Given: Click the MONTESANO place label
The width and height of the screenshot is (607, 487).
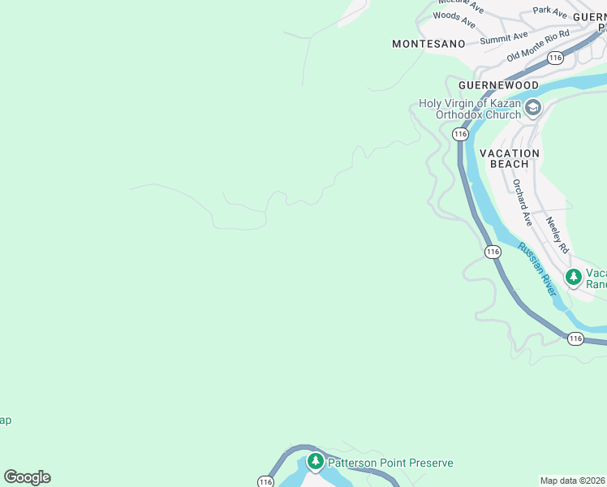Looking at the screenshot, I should click(x=428, y=44).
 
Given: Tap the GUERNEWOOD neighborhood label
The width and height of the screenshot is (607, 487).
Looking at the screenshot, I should click(x=498, y=84).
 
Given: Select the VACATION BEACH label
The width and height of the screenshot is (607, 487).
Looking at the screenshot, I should click(x=510, y=158).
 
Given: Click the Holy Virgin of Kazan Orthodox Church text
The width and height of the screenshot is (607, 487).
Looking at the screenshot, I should click(x=469, y=109).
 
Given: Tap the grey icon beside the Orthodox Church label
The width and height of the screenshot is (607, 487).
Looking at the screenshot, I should click(x=533, y=108).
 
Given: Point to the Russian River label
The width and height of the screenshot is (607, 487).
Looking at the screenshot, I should click(x=536, y=269).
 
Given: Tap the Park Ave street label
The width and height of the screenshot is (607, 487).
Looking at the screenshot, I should click(x=550, y=11).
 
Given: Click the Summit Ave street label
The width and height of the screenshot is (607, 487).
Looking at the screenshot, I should click(x=503, y=38).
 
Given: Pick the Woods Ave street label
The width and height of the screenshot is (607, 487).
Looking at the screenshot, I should click(x=454, y=15).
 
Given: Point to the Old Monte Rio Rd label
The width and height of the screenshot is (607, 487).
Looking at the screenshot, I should click(x=539, y=45).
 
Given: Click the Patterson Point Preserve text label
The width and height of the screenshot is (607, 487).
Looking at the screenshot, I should click(x=390, y=463).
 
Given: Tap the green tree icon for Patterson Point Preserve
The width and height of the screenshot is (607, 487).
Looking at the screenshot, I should click(x=315, y=462).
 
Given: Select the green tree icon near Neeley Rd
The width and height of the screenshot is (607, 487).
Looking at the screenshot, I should click(x=574, y=278).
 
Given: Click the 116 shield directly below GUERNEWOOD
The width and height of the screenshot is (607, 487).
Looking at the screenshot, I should click(x=460, y=133).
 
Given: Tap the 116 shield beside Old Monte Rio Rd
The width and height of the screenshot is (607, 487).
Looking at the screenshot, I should click(x=555, y=58).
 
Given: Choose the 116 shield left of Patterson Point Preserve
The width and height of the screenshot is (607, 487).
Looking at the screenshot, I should click(x=265, y=481).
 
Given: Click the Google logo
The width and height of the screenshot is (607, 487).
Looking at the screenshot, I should click(x=27, y=477).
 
